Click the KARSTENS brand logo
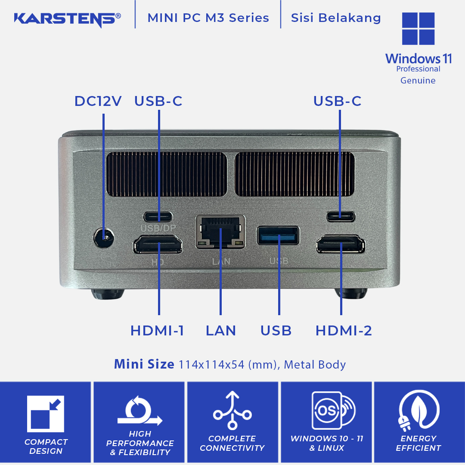tap(67, 19)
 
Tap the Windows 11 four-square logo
tap(418, 28)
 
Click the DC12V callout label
tap(98, 101)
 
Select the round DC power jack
tap(104, 238)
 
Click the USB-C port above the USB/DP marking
tap(158, 217)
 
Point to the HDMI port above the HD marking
tap(158, 245)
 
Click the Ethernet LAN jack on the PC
tap(220, 232)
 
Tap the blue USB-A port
tap(278, 236)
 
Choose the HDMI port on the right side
tap(341, 244)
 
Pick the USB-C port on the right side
tap(341, 217)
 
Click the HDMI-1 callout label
tap(157, 331)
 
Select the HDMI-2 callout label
tap(344, 331)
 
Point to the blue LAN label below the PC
tap(221, 331)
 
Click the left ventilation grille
tap(167, 174)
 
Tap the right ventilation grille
tap(294, 174)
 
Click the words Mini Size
tap(144, 364)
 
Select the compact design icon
tap(45, 414)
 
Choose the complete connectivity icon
tap(232, 410)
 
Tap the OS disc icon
tap(334, 410)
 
